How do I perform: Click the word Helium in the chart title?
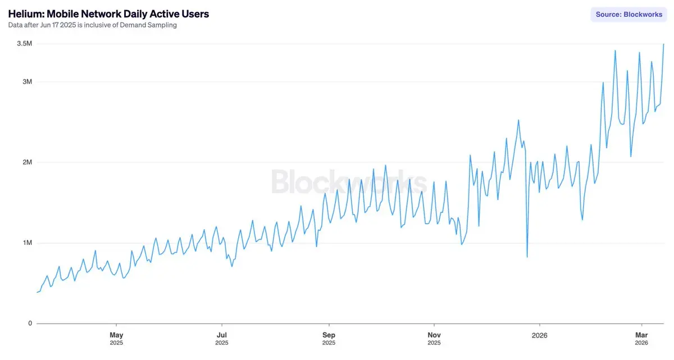pyautogui.click(x=25, y=14)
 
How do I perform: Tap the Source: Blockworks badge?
pyautogui.click(x=629, y=15)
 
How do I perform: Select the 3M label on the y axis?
pyautogui.click(x=26, y=82)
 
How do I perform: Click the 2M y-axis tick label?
pyautogui.click(x=26, y=162)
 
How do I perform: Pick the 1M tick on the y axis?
pyautogui.click(x=26, y=243)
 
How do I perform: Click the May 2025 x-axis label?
pyautogui.click(x=116, y=339)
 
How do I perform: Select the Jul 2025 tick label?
pyautogui.click(x=222, y=339)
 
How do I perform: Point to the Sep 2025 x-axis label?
pyautogui.click(x=329, y=339)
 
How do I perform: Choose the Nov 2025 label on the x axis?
pyautogui.click(x=434, y=339)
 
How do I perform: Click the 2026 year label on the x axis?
pyautogui.click(x=539, y=335)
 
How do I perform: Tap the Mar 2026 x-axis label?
pyautogui.click(x=641, y=339)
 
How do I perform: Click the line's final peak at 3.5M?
pyautogui.click(x=664, y=44)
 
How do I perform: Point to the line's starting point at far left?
pyautogui.click(x=37, y=292)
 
